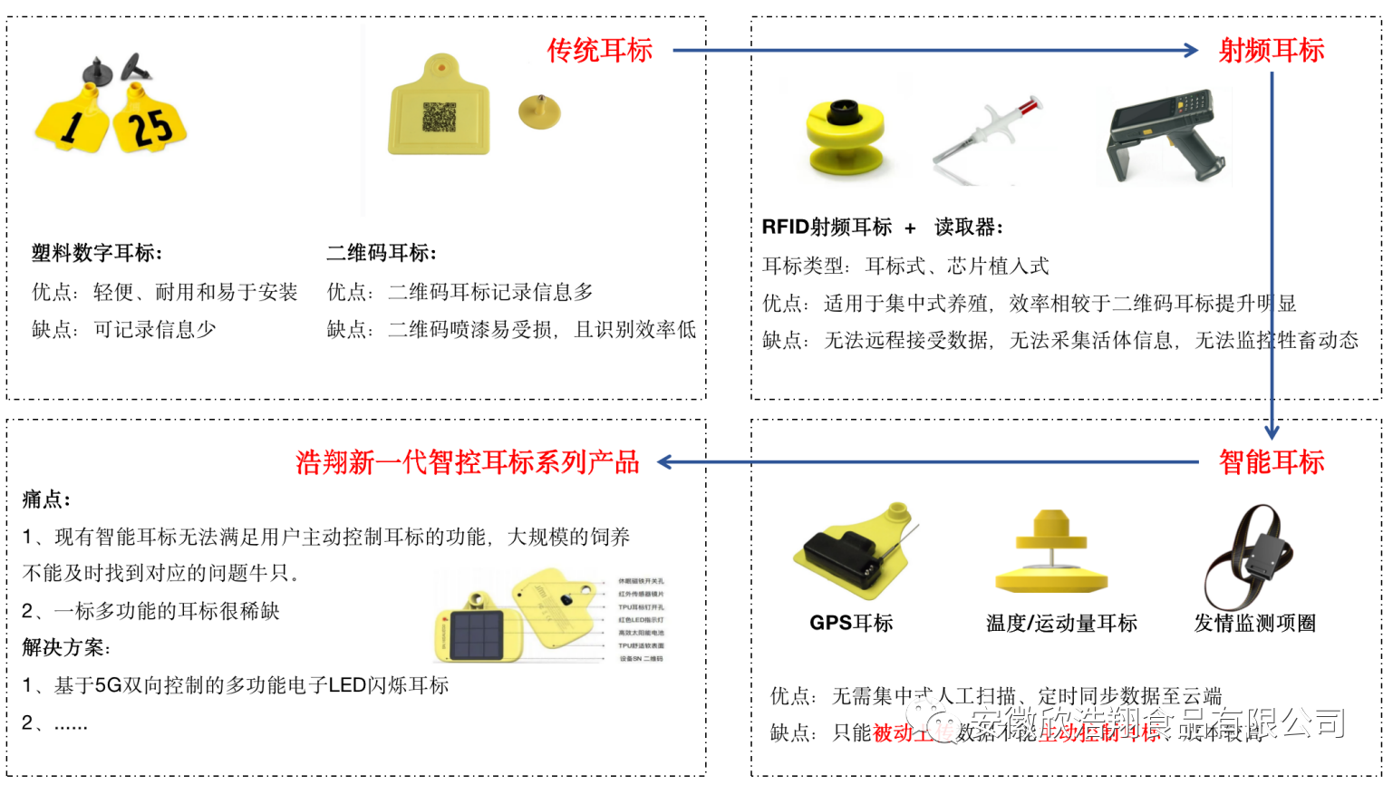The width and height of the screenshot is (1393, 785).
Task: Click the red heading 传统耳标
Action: click(x=599, y=51)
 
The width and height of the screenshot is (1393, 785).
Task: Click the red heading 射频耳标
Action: click(x=1271, y=51)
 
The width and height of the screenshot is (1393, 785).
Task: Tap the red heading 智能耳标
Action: click(x=1271, y=462)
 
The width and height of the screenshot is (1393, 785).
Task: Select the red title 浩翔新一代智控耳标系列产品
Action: click(x=468, y=462)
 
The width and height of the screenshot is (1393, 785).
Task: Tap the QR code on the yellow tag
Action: click(x=440, y=117)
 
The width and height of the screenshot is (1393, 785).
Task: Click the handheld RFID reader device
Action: click(x=1164, y=136)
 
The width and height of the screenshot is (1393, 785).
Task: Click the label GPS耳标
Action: click(x=851, y=623)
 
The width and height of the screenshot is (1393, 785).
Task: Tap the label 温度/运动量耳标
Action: click(x=1061, y=623)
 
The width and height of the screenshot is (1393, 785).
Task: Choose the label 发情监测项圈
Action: click(x=1254, y=623)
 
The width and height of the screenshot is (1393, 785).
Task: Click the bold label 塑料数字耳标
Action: click(x=97, y=253)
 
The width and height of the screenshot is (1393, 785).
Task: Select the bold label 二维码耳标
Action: click(x=382, y=253)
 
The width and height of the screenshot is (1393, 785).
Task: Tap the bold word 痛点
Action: click(x=46, y=499)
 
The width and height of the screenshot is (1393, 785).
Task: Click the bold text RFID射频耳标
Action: click(x=827, y=227)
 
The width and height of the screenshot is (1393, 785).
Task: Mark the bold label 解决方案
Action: click(x=66, y=647)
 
